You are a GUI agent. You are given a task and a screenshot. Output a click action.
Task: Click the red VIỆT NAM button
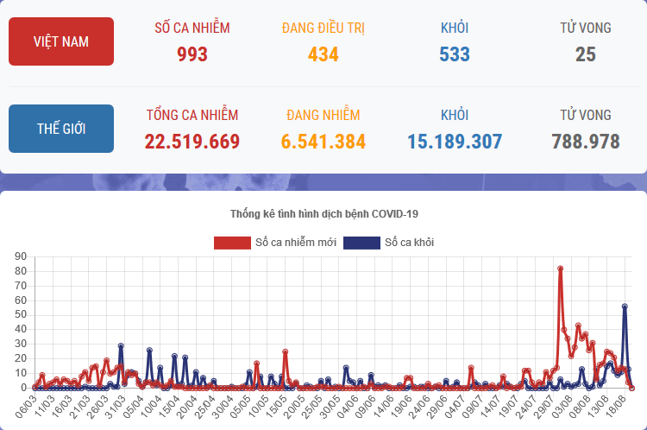click(61, 41)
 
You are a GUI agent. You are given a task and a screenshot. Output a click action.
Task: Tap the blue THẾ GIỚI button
click(61, 129)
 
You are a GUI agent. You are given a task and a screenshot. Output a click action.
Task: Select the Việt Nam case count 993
click(192, 54)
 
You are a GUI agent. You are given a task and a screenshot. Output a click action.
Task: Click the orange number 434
click(323, 54)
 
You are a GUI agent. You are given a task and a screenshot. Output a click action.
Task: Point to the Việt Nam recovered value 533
click(455, 54)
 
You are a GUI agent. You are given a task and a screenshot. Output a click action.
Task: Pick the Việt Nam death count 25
click(586, 54)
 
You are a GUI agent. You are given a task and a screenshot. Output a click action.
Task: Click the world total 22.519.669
click(192, 142)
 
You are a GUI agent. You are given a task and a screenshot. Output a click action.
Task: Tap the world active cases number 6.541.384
click(323, 142)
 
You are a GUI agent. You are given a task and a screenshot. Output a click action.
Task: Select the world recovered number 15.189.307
click(455, 142)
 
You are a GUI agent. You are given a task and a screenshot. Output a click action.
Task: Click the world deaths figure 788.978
click(586, 142)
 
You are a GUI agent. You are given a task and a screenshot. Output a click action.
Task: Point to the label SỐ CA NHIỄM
click(192, 28)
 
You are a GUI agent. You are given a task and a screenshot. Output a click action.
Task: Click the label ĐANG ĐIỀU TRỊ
click(323, 28)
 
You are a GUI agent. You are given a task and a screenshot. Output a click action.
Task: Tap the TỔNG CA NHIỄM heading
click(192, 115)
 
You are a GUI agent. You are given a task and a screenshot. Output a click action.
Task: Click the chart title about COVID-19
click(323, 213)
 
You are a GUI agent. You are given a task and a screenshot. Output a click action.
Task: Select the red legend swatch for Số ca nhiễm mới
click(231, 243)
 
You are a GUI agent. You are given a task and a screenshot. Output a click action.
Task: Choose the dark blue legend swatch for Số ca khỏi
click(361, 243)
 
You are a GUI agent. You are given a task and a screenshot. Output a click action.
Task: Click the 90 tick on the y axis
click(22, 256)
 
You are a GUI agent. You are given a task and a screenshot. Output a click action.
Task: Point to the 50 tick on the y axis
click(22, 315)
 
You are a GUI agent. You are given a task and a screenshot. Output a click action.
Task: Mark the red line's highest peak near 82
click(561, 269)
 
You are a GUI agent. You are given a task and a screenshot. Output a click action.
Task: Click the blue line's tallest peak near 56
click(625, 307)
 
